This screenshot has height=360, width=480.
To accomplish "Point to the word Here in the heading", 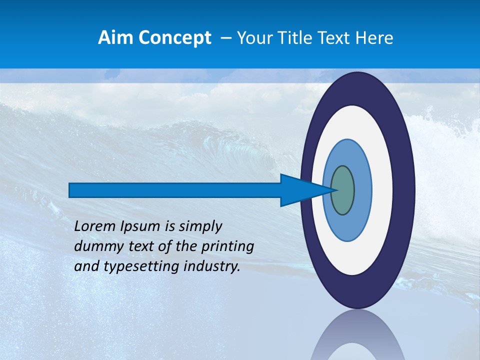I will pyautogui.click(x=374, y=38).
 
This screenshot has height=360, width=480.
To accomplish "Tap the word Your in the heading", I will pyautogui.click(x=254, y=38).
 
